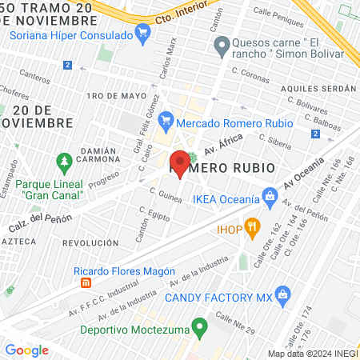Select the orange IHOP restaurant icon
(251, 227)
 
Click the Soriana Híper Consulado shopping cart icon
(143, 33)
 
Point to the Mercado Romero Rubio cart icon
(166, 122)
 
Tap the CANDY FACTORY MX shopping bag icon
(282, 295)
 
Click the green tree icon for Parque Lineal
(62, 164)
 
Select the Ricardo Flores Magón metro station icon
(86, 283)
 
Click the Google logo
(26, 350)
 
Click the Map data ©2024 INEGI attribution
(311, 354)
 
